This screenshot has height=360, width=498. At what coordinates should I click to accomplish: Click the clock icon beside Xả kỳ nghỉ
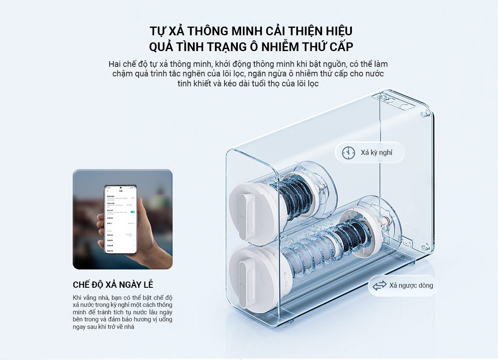tap(349, 153)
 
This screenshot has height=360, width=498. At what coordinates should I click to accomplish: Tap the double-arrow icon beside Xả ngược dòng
tap(379, 286)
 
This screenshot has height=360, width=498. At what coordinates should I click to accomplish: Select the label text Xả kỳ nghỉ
tap(376, 153)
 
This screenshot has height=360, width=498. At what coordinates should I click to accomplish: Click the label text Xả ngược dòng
tap(411, 286)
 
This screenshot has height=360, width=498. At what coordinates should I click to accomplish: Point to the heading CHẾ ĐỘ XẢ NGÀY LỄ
tap(113, 285)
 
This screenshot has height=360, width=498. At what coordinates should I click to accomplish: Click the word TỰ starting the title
tap(158, 32)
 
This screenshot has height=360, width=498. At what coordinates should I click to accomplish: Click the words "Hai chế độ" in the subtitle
tap(126, 65)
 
